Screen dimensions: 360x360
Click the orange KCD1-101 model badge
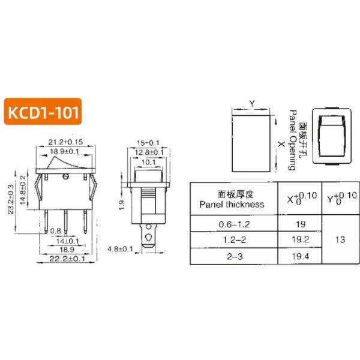[43, 112]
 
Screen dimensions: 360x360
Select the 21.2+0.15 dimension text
[65, 142]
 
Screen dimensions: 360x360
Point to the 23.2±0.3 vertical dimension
[11, 199]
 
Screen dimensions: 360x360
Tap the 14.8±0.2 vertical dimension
[23, 190]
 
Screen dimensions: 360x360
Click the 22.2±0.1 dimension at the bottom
[67, 259]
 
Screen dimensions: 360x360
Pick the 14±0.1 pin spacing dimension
[67, 241]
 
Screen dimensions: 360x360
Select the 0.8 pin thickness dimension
[56, 231]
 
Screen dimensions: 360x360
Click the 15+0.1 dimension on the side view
[148, 143]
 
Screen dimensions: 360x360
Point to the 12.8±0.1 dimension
[149, 152]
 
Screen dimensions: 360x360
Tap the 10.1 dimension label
[149, 163]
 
